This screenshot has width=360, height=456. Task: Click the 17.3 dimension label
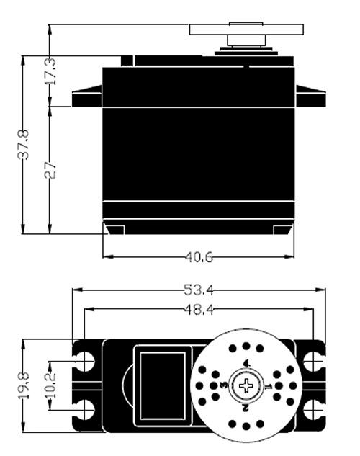50,71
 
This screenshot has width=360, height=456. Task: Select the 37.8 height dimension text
23,145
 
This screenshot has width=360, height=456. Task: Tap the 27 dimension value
50,171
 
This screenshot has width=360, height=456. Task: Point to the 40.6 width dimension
199,257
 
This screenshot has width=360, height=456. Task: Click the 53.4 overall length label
199,290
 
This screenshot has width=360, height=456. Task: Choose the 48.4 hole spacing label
199,310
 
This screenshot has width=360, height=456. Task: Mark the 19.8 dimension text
24,385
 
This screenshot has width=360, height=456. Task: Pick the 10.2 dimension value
50,385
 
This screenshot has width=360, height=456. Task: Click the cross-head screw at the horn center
246,386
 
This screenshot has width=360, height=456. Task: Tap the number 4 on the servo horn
246,363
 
